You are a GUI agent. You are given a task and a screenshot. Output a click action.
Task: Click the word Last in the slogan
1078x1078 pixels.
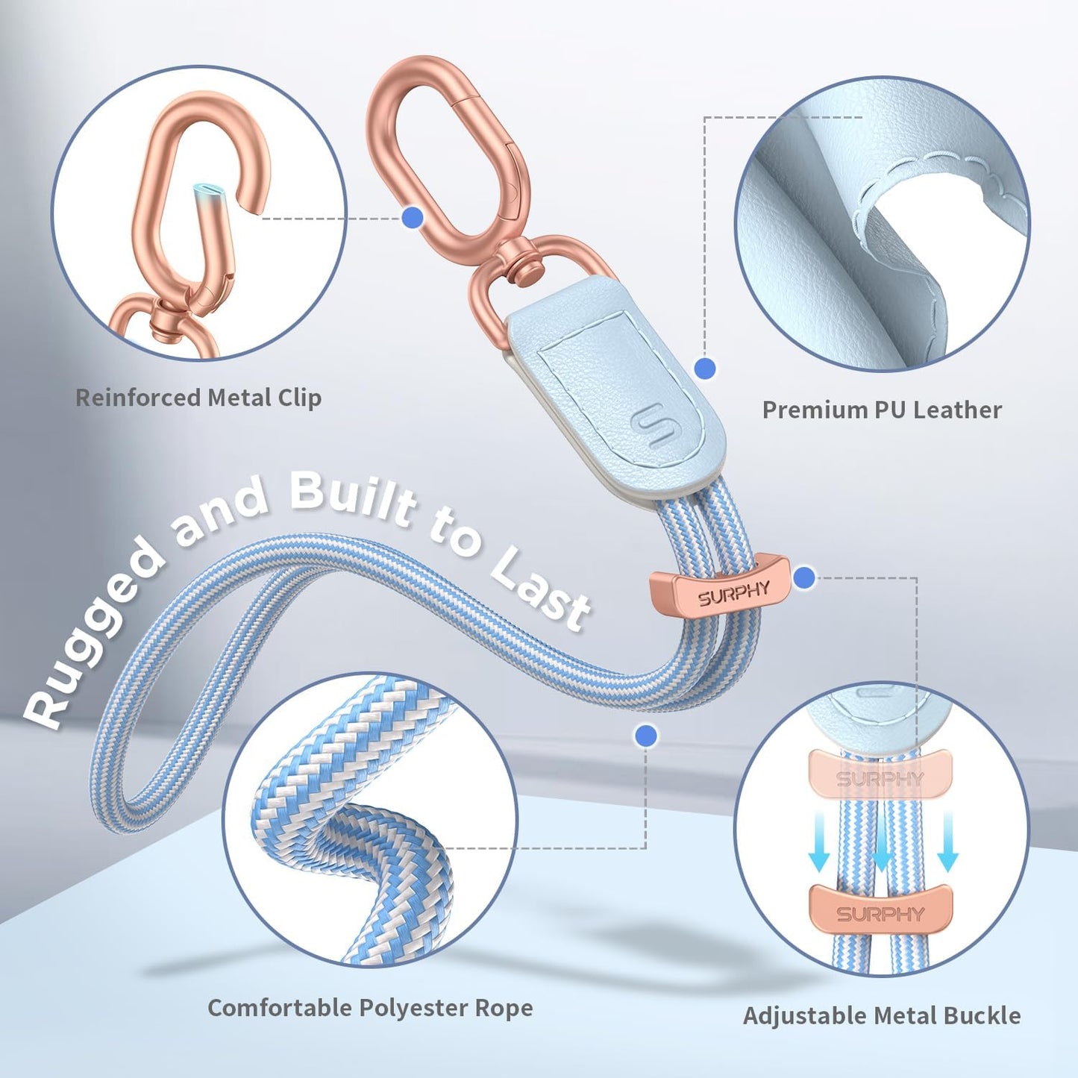(x=542, y=592)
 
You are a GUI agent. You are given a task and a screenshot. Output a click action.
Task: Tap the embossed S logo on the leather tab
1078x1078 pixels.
(x=651, y=427)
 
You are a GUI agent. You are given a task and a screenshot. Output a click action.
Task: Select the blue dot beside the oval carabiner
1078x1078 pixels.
(x=412, y=218)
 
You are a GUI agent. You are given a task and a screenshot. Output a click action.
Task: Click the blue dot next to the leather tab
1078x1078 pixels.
(x=705, y=368)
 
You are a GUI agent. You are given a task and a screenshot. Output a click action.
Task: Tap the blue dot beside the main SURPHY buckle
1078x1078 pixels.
(x=804, y=577)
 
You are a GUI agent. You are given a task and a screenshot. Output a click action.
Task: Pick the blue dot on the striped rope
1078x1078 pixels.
(x=646, y=736)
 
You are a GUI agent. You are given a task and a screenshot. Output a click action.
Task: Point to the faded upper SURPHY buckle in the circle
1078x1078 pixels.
(x=880, y=778)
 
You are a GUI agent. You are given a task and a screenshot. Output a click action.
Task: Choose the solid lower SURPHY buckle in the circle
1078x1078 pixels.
(x=880, y=912)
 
